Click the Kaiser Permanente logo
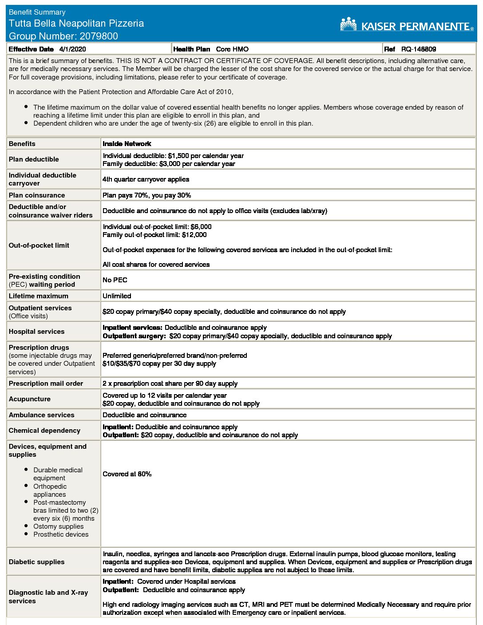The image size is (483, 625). click(407, 25)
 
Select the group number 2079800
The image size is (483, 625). click(96, 36)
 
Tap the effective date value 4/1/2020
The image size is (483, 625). click(72, 49)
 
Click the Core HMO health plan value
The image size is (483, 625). click(232, 49)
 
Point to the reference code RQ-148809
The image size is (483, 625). click(419, 49)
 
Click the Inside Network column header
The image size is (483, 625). click(127, 144)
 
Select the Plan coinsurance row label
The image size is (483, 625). click(37, 195)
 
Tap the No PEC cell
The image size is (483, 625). click(115, 280)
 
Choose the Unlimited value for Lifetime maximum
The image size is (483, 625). click(117, 296)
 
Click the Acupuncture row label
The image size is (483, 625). click(30, 399)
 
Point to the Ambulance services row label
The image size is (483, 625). click(42, 415)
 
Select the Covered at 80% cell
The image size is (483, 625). click(127, 474)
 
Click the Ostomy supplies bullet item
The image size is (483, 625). click(58, 526)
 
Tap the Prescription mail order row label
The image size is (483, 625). click(46, 384)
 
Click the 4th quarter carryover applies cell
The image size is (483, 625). click(146, 179)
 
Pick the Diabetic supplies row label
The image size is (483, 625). click(36, 562)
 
